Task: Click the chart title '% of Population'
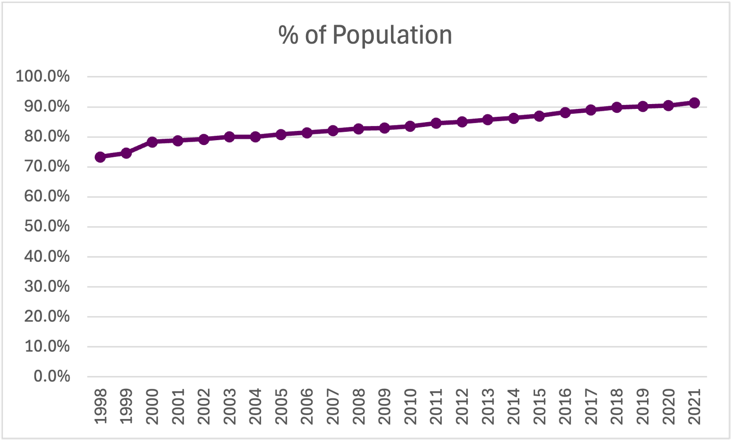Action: [365, 35]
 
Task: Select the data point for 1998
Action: [100, 157]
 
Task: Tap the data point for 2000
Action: [152, 142]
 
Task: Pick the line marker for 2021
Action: [694, 103]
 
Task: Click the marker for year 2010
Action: [410, 126]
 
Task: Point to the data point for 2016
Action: [565, 112]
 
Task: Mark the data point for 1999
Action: [126, 153]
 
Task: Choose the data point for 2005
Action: [281, 134]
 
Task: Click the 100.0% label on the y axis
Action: [43, 77]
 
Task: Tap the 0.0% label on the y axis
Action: [51, 377]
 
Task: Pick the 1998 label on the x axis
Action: [100, 406]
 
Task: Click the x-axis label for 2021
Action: [694, 406]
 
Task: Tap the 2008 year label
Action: [358, 406]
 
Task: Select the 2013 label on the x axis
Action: [487, 406]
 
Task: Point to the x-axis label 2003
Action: [229, 406]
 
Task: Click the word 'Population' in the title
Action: [393, 35]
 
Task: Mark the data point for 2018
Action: [617, 107]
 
